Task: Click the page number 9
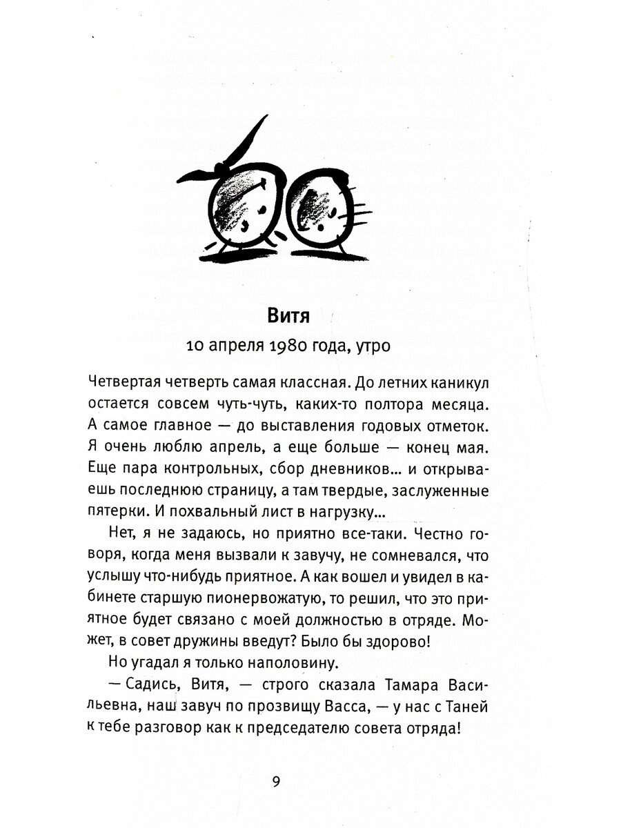point(276,782)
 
